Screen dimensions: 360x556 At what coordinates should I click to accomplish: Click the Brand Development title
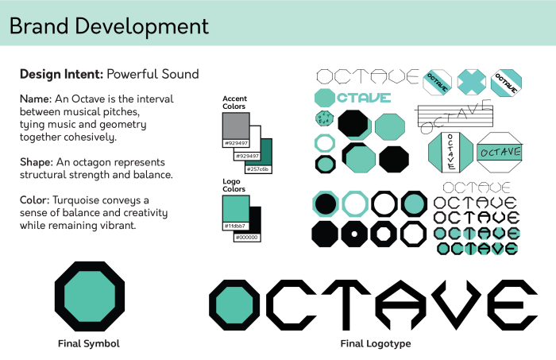coord(109,25)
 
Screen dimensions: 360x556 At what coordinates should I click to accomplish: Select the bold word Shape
coord(36,161)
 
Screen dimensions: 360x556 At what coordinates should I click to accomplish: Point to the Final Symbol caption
coord(89,343)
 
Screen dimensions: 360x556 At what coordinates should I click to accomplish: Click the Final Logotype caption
coord(376,343)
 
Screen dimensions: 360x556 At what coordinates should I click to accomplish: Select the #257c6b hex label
coord(258,169)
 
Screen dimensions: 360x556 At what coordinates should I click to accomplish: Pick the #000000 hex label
coord(248,237)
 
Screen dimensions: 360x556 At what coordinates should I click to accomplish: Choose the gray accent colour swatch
coord(236,126)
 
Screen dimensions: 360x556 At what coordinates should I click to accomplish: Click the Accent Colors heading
coord(234,103)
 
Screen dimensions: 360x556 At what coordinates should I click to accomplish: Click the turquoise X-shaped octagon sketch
coord(471,81)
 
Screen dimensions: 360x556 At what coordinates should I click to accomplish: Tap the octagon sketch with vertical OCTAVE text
coord(451,151)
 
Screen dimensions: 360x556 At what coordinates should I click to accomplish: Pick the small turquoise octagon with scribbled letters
coord(324,119)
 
